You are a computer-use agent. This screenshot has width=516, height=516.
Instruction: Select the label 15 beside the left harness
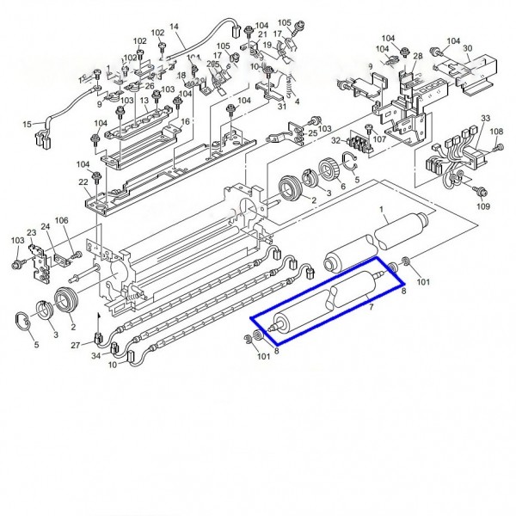coord(27,124)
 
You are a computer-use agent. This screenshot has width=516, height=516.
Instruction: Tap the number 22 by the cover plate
coord(83,183)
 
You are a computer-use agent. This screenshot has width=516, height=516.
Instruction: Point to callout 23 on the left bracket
coord(32,232)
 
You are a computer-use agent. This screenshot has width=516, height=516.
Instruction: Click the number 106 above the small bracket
coord(62,221)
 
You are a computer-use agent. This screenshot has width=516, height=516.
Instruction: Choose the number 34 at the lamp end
coord(96,356)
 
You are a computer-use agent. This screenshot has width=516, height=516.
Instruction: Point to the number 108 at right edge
coord(496,132)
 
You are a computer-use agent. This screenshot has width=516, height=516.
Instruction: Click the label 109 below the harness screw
coord(483,207)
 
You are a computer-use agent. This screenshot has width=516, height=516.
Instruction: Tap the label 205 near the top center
coord(212,64)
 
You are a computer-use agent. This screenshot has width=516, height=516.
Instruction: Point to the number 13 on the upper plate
coord(144,100)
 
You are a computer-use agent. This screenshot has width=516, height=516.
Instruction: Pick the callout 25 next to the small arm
coord(312,133)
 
